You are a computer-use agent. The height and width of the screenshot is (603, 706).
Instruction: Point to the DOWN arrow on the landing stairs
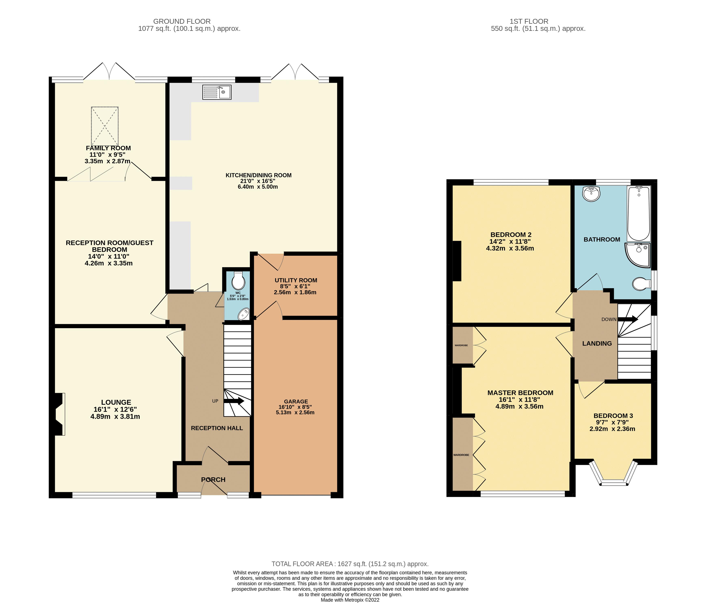(628, 319)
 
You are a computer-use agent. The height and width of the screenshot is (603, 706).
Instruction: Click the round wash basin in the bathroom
(591, 194)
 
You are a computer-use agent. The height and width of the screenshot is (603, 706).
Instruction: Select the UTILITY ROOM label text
(296, 280)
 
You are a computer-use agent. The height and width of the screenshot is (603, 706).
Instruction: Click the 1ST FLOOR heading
(538, 21)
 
